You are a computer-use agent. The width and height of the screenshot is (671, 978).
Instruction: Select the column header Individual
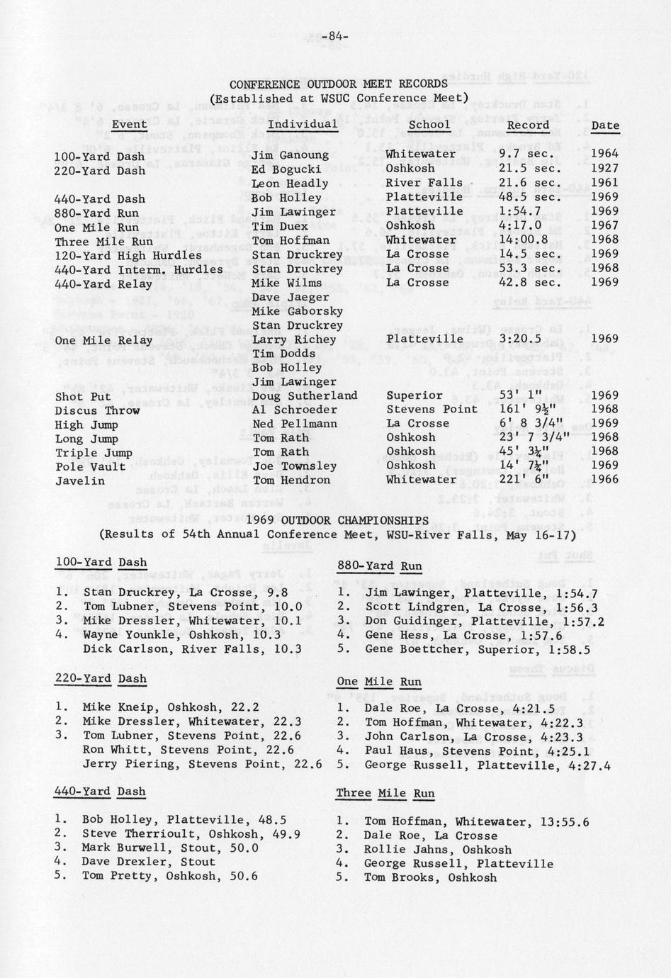(303, 125)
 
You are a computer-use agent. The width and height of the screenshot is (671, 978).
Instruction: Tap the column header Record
(528, 125)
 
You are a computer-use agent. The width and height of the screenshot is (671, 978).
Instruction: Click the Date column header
(605, 125)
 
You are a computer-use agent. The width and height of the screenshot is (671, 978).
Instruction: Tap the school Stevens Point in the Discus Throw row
(432, 409)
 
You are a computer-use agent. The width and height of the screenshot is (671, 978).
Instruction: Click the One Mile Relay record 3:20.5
(519, 339)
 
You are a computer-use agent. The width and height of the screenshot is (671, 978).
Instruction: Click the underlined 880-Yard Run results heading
(379, 566)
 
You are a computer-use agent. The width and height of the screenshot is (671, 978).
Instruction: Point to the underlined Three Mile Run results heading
(385, 794)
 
